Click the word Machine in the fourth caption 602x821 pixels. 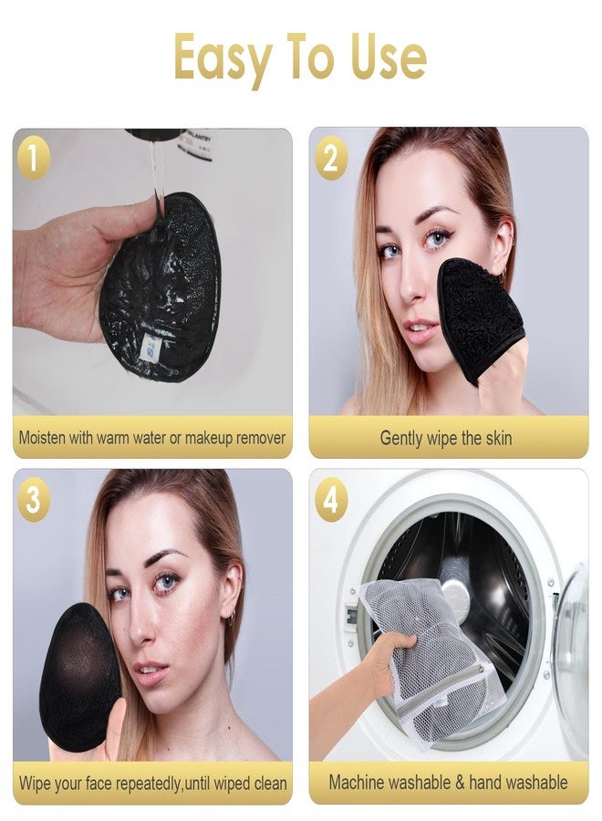coord(358,783)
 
